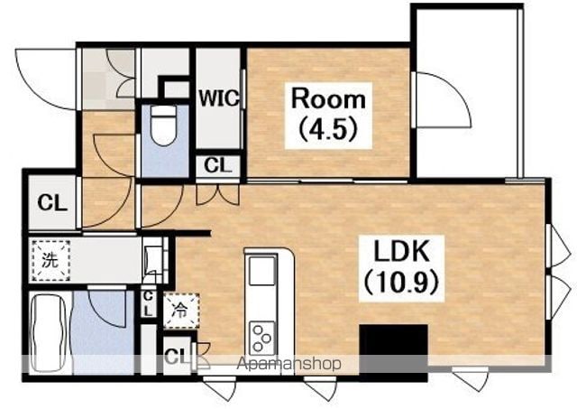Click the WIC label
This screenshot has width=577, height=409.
click(x=218, y=98)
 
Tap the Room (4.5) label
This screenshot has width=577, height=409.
click(x=328, y=115)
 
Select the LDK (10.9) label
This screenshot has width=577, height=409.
click(x=401, y=267)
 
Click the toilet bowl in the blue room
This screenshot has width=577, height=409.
click(x=163, y=125)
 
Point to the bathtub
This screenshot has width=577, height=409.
click(x=48, y=332)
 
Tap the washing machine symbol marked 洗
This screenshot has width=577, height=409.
click(x=50, y=260)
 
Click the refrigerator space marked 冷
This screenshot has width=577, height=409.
click(x=181, y=311)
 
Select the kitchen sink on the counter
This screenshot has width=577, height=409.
click(x=262, y=271)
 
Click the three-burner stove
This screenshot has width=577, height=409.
click(x=262, y=338)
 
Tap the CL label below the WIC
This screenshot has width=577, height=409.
click(x=218, y=165)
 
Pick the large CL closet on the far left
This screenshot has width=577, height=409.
click(x=52, y=202)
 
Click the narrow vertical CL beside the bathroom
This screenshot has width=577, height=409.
click(x=148, y=303)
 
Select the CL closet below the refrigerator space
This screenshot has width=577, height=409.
click(x=177, y=355)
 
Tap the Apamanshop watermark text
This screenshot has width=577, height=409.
click(x=288, y=364)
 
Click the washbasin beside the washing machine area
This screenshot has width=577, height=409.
click(x=153, y=260)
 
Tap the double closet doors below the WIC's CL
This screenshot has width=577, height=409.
click(x=217, y=195)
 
